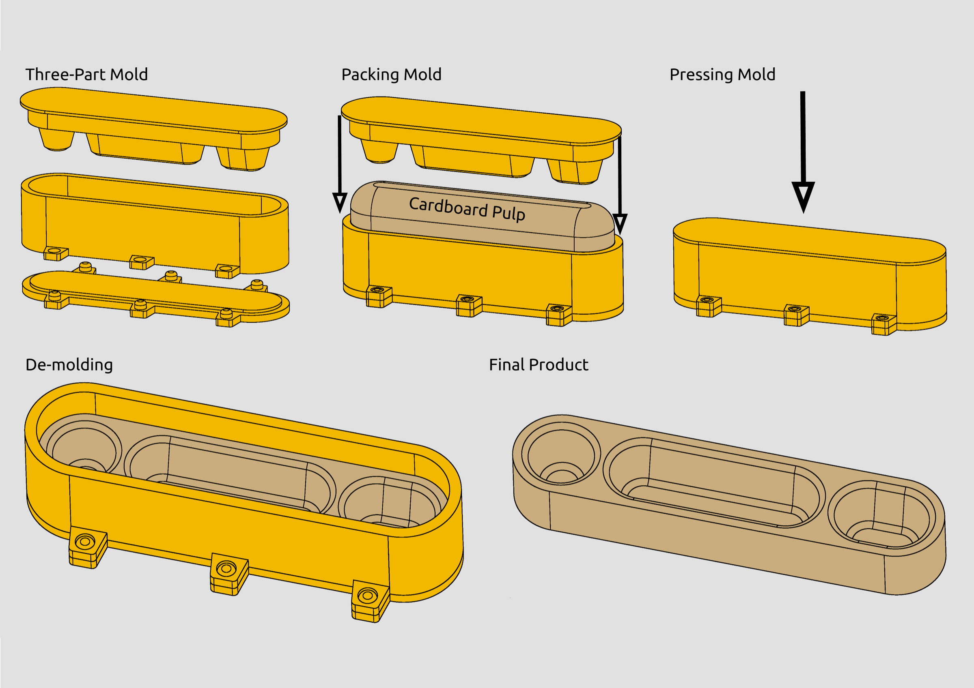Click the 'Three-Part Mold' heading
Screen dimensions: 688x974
86,75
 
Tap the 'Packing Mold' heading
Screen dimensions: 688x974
391,75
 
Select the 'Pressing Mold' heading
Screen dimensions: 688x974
722,75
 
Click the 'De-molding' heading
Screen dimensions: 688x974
69,365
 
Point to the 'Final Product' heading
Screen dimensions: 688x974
538,365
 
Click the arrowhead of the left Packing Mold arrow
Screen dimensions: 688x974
340,202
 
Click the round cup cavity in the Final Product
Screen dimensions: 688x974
561,456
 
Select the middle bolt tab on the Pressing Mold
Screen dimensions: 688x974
796,314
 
